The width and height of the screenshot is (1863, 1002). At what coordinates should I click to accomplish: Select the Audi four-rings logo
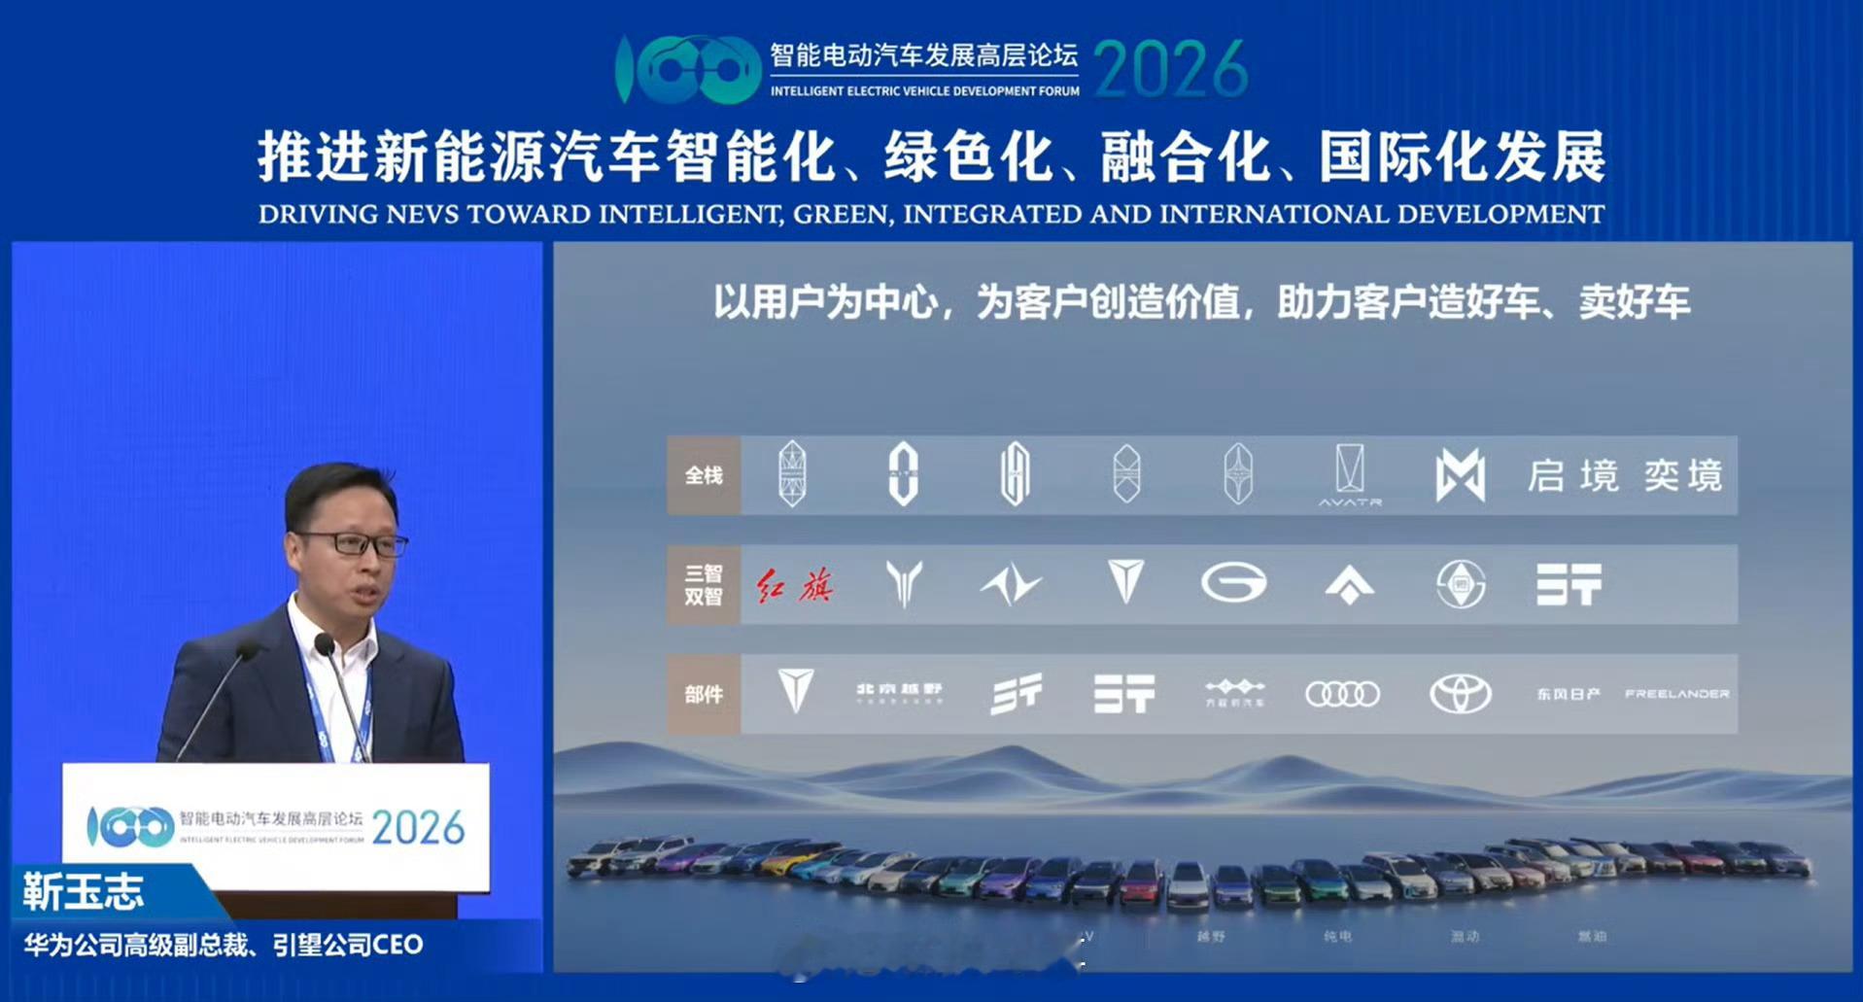point(1342,694)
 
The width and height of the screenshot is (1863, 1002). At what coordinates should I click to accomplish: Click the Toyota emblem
point(1460,694)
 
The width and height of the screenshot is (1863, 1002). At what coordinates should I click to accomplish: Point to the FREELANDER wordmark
point(1676,694)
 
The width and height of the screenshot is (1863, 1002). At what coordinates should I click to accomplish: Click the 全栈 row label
point(704,476)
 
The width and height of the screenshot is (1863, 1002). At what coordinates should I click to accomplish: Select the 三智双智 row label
point(704,585)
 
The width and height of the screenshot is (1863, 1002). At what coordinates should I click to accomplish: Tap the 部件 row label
point(704,694)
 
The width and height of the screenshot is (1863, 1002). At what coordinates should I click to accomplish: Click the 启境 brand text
point(1572,476)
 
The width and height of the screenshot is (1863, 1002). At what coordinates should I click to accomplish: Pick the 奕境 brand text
point(1683,476)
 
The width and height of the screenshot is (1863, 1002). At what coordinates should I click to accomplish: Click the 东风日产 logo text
point(1568,694)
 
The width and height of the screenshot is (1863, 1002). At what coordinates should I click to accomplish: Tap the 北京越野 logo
point(899,692)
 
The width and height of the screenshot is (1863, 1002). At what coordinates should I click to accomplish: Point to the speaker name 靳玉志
point(84,892)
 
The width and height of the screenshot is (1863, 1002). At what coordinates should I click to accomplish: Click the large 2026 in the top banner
point(1170,69)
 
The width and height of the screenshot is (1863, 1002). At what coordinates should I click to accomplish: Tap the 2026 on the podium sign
point(418,828)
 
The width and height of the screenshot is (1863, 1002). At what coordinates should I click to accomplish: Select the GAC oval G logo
point(1233,584)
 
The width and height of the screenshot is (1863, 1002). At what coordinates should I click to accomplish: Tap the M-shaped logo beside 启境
point(1460,476)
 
